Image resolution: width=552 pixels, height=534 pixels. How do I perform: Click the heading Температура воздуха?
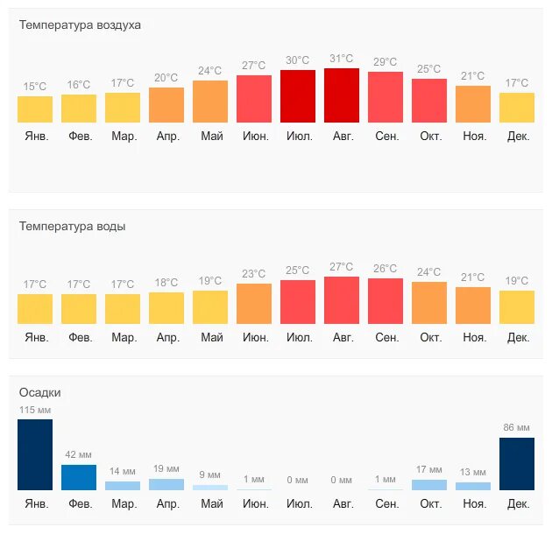(x=80, y=25)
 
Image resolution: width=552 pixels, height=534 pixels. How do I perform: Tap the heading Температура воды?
(x=72, y=226)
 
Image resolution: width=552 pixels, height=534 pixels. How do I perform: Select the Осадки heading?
(x=40, y=392)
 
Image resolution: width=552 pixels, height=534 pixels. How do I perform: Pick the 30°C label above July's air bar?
(x=298, y=60)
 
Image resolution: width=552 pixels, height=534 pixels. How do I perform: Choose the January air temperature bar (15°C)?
(x=35, y=109)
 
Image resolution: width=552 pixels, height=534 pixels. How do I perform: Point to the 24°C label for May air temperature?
(x=210, y=71)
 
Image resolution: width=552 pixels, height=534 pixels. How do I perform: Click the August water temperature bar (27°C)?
(x=342, y=300)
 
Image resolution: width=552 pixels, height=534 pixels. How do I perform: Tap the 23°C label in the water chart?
(x=254, y=274)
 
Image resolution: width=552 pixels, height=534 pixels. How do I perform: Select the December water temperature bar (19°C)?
(x=517, y=307)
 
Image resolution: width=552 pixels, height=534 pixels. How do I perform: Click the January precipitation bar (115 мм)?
(x=35, y=454)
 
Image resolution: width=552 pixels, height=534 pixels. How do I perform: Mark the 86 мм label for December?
(x=517, y=427)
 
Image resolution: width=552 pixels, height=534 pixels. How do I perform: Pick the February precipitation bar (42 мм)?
(x=79, y=477)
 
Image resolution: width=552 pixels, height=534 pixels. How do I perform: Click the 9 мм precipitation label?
(x=210, y=475)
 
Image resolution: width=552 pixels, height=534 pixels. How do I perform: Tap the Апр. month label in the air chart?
(x=166, y=136)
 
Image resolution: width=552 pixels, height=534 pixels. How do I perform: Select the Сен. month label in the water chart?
(x=386, y=337)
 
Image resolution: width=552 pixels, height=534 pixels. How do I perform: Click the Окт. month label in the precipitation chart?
(x=430, y=504)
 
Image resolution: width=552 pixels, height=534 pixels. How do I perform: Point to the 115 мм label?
(x=35, y=410)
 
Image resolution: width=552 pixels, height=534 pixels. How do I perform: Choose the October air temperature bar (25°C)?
(x=429, y=101)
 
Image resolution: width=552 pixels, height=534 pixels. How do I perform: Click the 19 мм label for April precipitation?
(x=166, y=468)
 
